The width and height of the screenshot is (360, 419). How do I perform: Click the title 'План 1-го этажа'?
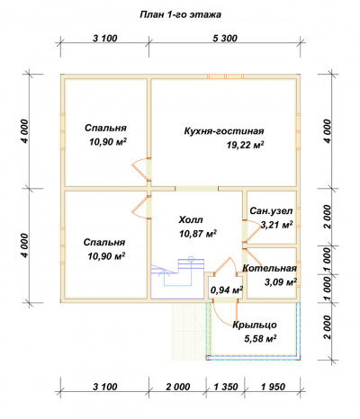pos(180,15)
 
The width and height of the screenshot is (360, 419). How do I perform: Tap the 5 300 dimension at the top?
pos(225,39)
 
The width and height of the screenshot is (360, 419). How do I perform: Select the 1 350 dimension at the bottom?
pos(226,387)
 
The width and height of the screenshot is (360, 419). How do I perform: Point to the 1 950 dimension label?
pos(273,387)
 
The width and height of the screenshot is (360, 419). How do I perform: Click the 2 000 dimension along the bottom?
pos(177,387)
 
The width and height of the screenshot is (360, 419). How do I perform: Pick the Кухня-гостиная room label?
pos(224,131)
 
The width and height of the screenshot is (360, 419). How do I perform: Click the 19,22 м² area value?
pos(246,146)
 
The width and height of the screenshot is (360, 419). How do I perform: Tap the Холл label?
pos(191,219)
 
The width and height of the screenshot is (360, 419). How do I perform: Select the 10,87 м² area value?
pos(198,234)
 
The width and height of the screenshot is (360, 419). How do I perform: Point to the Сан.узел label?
pos(271,211)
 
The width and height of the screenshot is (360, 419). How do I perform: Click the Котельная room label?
pos(269,268)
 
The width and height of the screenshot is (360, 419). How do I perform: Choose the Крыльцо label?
pos(255,325)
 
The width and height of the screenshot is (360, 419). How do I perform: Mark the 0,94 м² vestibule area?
pos(227,290)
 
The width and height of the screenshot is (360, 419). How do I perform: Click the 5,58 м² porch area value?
pos(260,339)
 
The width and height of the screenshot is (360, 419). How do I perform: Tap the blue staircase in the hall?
pos(177,278)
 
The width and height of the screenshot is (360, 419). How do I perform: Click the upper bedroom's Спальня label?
pos(105,128)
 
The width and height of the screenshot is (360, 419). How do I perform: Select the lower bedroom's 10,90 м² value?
pos(106,256)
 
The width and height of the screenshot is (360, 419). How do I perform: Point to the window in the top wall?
pos(226,76)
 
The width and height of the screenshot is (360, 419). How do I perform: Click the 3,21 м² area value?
pos(276,225)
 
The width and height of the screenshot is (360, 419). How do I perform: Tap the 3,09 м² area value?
pos(281,282)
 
